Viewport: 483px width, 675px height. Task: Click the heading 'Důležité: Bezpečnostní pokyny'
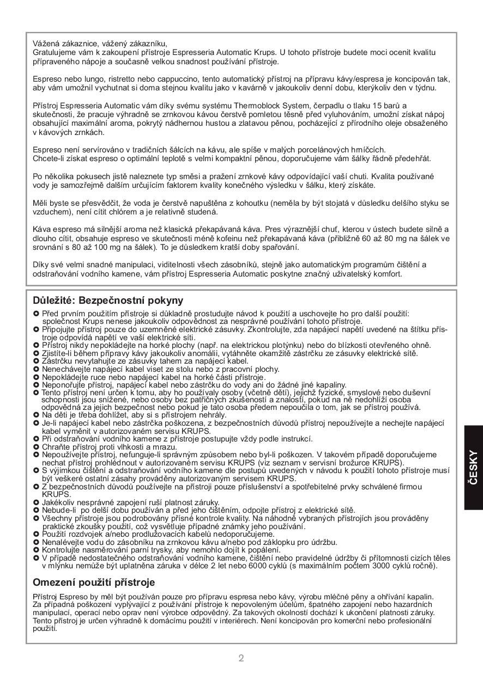pyautogui.click(x=108, y=300)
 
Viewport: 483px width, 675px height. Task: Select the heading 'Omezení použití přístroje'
pyautogui.click(x=94, y=582)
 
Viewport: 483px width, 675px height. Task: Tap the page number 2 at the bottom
pyautogui.click(x=241, y=658)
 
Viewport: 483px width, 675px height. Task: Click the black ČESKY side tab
pyautogui.click(x=473, y=468)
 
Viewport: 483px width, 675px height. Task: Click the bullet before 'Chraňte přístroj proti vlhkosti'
pyautogui.click(x=36, y=446)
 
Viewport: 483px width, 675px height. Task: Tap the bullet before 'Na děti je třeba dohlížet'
pyautogui.click(x=36, y=415)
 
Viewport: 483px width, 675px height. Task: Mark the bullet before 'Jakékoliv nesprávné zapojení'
pyautogui.click(x=36, y=502)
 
